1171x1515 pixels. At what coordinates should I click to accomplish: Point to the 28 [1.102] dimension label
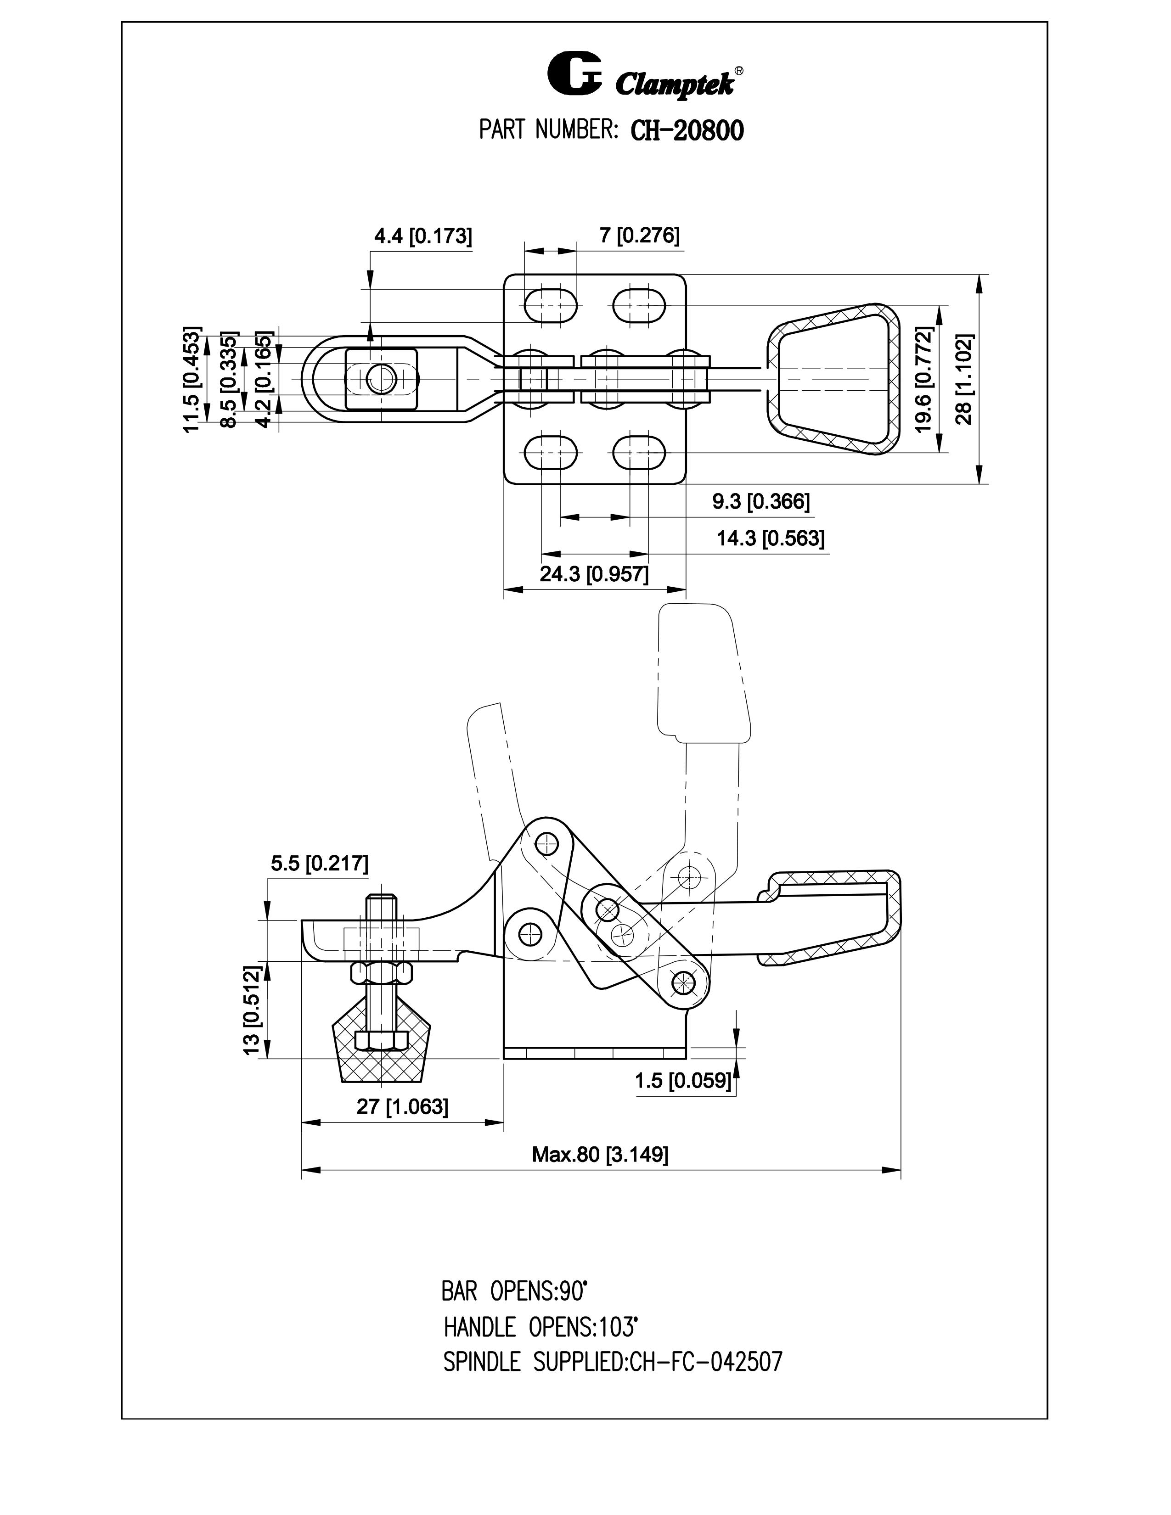point(965,379)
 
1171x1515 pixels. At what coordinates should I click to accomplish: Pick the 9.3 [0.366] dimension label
point(761,501)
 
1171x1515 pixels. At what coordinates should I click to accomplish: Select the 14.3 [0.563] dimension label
point(771,539)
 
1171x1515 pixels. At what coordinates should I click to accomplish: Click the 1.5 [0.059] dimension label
point(683,1080)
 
